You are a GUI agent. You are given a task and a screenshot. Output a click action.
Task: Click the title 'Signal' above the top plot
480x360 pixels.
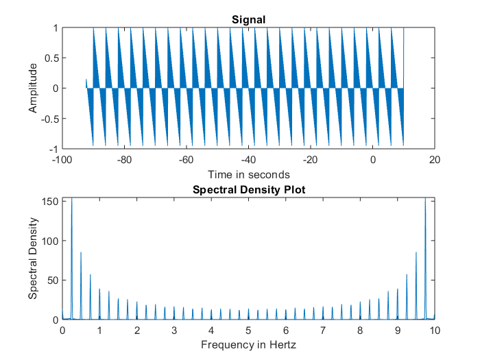(248, 20)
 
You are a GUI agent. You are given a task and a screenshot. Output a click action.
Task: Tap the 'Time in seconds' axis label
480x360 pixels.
(248, 174)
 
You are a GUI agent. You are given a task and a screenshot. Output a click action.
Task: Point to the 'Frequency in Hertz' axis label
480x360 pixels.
(248, 344)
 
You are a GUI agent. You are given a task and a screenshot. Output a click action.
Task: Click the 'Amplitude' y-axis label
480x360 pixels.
(33, 88)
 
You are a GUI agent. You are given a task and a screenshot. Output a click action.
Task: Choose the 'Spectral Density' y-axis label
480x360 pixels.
(33, 258)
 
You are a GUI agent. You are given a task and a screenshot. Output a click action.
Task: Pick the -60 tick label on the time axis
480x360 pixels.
(185, 160)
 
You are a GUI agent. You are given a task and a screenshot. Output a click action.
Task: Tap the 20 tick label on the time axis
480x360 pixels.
(434, 160)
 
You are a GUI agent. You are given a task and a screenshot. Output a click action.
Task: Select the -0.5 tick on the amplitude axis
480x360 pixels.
(49, 118)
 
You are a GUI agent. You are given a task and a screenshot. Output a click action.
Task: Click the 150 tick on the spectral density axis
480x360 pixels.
(49, 201)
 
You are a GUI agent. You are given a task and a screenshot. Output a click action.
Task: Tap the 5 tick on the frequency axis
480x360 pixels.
(248, 331)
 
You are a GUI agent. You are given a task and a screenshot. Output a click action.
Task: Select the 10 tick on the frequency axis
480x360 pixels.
(434, 331)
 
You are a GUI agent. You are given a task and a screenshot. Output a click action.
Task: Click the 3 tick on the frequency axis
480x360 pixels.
(174, 331)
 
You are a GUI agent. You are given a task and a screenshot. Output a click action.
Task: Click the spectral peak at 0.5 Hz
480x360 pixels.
(81, 254)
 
